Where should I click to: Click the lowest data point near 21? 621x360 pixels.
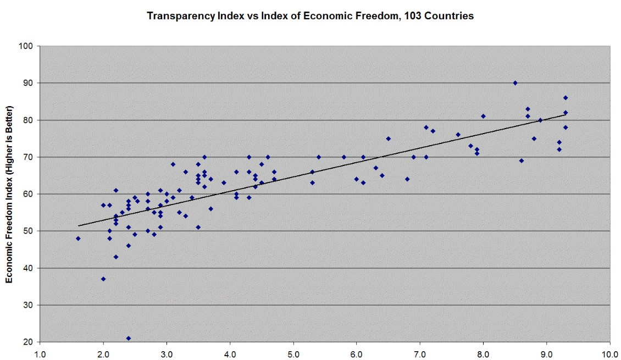coord(129,338)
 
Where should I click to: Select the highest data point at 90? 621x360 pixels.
coord(515,83)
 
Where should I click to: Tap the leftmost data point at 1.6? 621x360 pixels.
coord(78,239)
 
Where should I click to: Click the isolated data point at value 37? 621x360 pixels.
coord(103,279)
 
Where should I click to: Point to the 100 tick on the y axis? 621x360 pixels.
coord(30,46)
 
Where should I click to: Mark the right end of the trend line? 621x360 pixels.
coord(565,114)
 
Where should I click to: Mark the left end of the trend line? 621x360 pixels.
coord(78,226)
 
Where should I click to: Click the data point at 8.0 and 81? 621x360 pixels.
coord(483,116)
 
